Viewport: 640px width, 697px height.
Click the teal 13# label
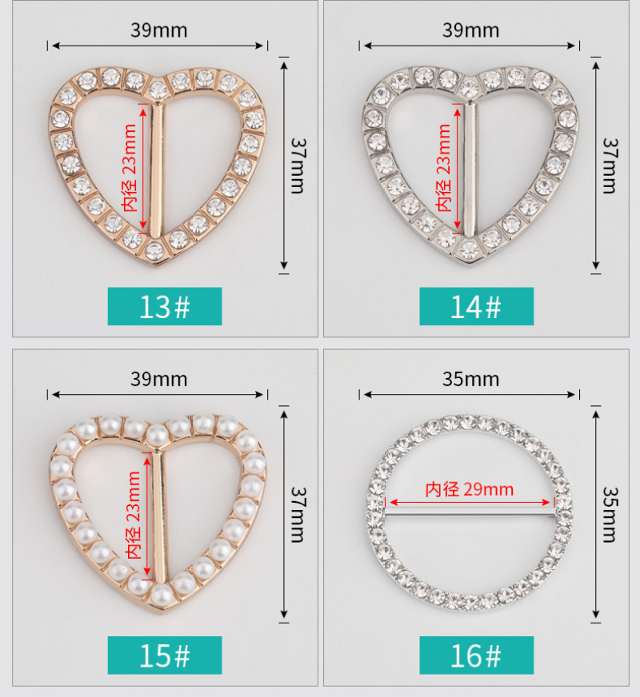pos(165,306)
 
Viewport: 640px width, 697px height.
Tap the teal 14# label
pos(476,306)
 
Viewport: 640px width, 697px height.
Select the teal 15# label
pos(165,655)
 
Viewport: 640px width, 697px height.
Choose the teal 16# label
pos(476,655)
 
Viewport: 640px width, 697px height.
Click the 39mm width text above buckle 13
pos(158,30)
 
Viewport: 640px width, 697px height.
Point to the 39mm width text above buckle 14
pos(470,30)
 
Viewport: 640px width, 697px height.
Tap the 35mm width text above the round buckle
pos(470,379)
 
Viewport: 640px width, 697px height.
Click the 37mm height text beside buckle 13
pos(298,165)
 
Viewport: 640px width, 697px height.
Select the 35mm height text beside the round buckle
pos(610,514)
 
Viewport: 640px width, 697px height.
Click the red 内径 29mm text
pos(470,489)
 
